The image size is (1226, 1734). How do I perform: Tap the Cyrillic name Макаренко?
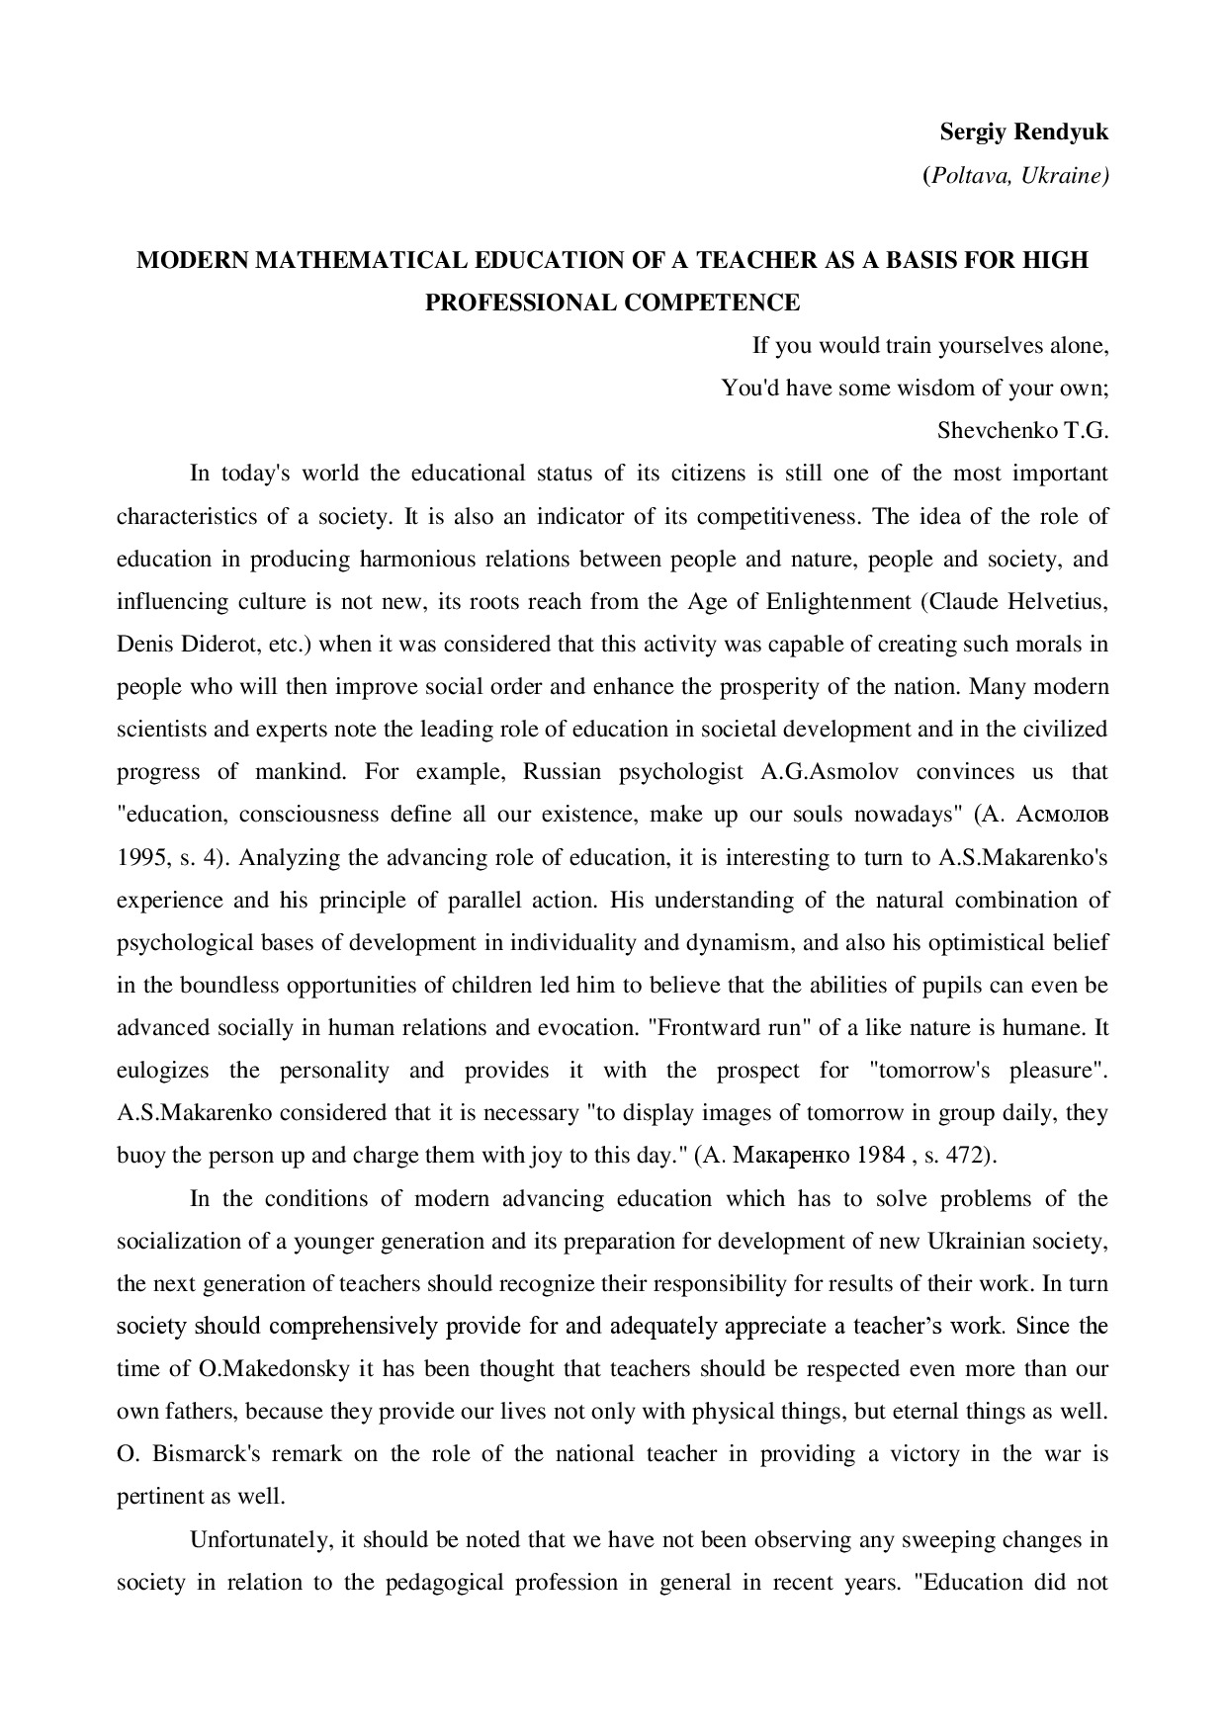point(794,1155)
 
